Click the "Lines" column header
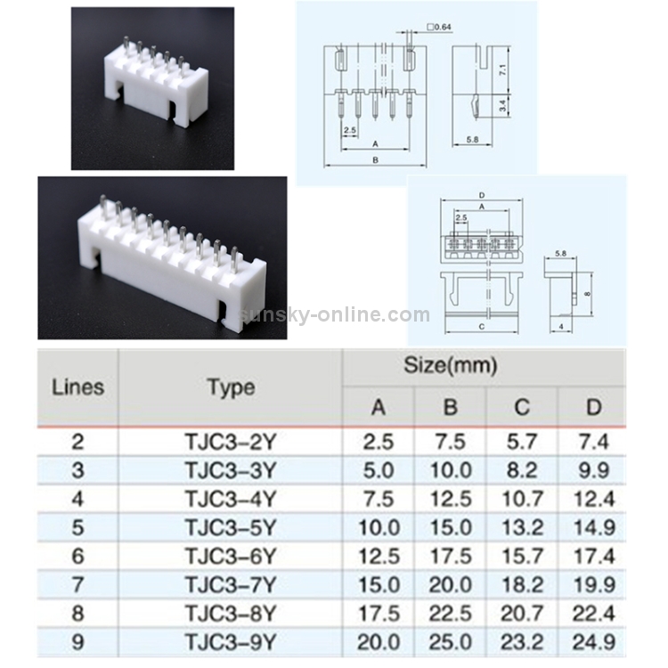[x=77, y=387]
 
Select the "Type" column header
[x=231, y=387]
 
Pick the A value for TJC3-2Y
[x=379, y=440]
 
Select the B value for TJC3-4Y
[x=450, y=498]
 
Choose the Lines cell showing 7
[x=77, y=584]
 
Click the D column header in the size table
[x=593, y=407]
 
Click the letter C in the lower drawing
[x=481, y=327]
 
